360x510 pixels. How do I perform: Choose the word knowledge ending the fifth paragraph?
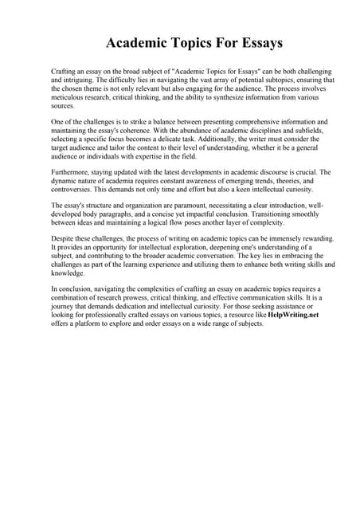coord(68,273)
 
